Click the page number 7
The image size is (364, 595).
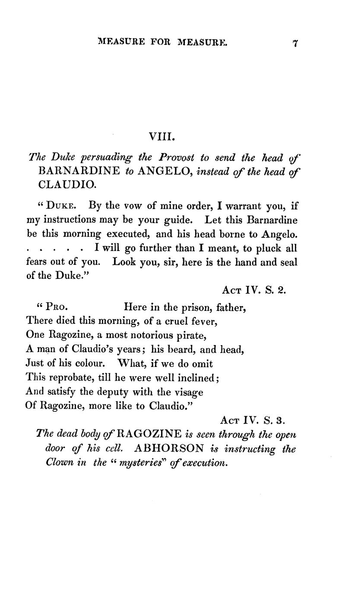tap(296, 43)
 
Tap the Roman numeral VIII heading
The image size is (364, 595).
tap(162, 137)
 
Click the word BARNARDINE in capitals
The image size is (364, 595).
tap(79, 171)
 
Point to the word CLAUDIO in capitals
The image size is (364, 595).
tap(67, 185)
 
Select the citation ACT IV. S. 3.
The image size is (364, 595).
tap(253, 420)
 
